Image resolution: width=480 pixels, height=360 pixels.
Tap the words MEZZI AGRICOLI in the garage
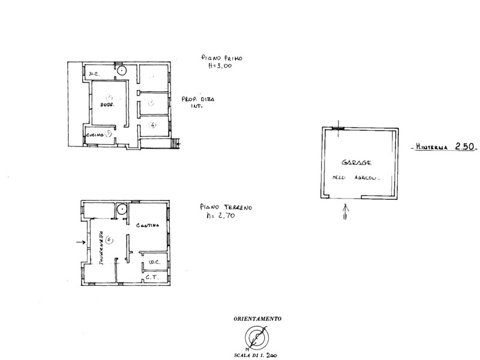coord(357,177)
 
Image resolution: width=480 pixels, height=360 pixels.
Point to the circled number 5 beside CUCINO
coord(107,133)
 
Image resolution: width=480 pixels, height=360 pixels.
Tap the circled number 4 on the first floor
coord(153,125)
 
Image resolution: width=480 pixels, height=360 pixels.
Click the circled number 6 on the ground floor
coord(109,240)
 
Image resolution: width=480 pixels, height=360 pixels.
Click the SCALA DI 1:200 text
coord(257,355)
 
